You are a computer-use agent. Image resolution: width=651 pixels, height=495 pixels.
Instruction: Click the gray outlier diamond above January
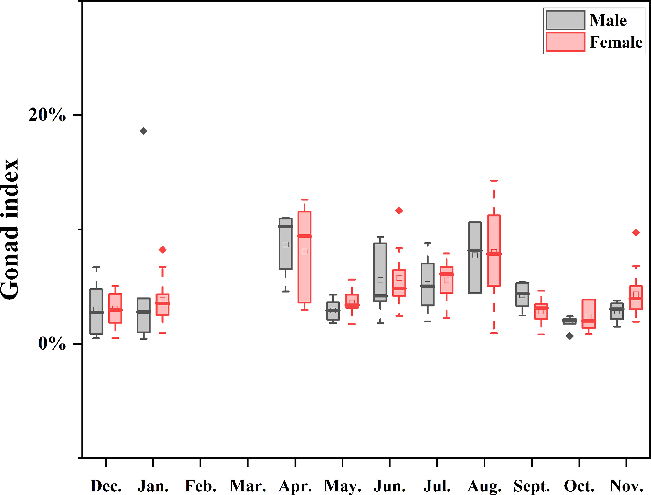[x=143, y=131]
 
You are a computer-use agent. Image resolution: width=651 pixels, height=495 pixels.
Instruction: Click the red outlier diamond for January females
[x=162, y=250]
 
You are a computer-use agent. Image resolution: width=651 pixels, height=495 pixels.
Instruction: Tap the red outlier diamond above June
[x=399, y=210]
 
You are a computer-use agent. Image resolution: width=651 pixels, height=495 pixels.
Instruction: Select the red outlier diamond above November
[x=636, y=232]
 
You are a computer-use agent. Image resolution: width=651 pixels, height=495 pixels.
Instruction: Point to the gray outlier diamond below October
[x=570, y=336]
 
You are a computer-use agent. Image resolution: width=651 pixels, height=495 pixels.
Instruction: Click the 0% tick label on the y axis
[x=52, y=344]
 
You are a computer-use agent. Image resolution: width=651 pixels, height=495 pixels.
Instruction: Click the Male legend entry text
[x=608, y=20]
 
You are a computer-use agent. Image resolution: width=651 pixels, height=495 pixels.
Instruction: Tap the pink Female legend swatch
[x=565, y=42]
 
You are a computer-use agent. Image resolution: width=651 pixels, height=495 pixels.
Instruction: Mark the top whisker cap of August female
[x=494, y=181]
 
